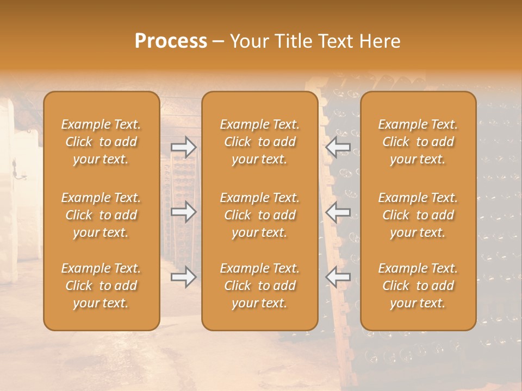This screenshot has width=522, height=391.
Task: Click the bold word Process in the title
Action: pyautogui.click(x=171, y=41)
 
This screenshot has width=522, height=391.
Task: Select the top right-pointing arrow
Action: pyautogui.click(x=183, y=147)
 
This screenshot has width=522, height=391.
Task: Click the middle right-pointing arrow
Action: pyautogui.click(x=183, y=212)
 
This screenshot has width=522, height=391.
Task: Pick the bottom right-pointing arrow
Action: pyautogui.click(x=183, y=277)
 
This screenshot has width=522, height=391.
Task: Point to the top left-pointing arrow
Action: pyautogui.click(x=338, y=147)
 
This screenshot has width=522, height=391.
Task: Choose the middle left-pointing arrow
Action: pyautogui.click(x=338, y=212)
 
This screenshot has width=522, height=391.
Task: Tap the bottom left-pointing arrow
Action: pyautogui.click(x=338, y=277)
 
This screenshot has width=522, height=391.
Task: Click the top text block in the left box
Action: pyautogui.click(x=101, y=142)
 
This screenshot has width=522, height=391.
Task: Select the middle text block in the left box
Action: pyautogui.click(x=101, y=215)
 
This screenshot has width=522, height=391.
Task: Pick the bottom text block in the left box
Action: pyautogui.click(x=101, y=286)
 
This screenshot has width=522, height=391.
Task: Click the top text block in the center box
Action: pyautogui.click(x=259, y=142)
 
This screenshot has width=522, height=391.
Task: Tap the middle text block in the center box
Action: pyautogui.click(x=259, y=215)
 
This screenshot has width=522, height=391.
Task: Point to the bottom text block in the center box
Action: pyautogui.click(x=259, y=286)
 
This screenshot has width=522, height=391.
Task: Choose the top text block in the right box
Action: pyautogui.click(x=418, y=142)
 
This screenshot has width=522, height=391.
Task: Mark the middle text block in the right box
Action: pyautogui.click(x=418, y=215)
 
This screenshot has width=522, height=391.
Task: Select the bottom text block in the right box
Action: pyautogui.click(x=418, y=286)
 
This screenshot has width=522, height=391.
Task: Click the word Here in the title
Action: pyautogui.click(x=380, y=41)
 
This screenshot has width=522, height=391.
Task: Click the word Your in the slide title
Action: pyautogui.click(x=248, y=41)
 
